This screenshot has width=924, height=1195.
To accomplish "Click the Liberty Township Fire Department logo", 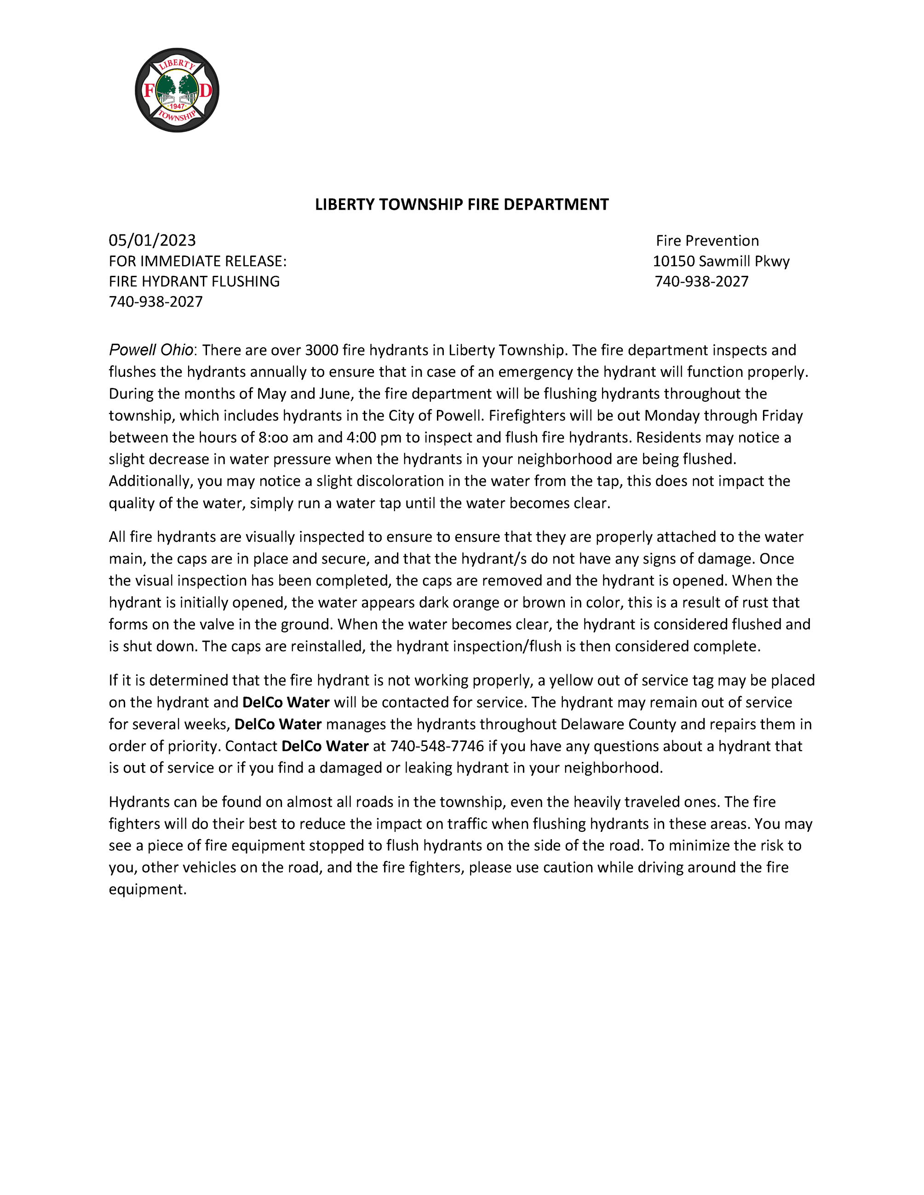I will pos(177,90).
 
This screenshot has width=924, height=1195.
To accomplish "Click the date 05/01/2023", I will pos(152,240).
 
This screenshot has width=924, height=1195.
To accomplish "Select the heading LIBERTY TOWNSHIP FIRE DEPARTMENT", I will pos(461,205).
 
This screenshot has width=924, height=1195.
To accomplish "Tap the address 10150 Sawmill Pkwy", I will pos(721,261).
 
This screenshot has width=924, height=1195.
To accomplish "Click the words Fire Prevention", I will pos(707,241).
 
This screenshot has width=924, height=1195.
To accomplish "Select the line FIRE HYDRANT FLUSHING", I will pos(194,281).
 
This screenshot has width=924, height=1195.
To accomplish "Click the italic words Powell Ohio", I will pos(151,350).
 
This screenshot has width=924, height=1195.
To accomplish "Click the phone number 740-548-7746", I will pos(437,746).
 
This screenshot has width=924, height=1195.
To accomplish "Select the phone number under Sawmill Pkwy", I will pos(701,281).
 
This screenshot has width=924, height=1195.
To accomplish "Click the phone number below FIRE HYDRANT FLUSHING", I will pos(155,302).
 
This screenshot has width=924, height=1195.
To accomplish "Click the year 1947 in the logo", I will pos(177,106).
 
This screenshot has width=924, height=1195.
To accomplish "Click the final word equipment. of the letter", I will pos(148,889).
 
